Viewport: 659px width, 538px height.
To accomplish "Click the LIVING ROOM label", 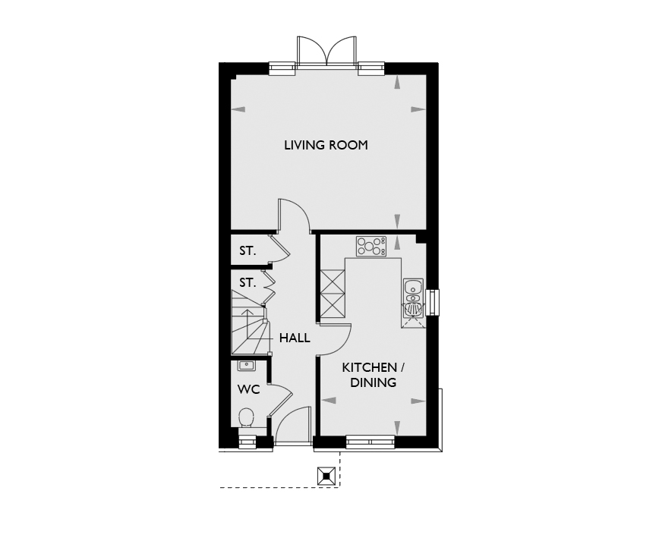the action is pos(326,145).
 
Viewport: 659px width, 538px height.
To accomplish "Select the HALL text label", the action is pos(295,338).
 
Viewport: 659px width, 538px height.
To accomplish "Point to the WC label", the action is pos(249,390).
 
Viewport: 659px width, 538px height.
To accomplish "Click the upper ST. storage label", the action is pos(248,251).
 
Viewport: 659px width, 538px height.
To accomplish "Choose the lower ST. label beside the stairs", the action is pos(248,282).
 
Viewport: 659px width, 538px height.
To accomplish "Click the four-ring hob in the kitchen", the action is pos(371,247).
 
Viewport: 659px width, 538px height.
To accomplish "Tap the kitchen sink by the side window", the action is pos(413,297).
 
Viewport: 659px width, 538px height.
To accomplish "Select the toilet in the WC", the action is pos(247,418).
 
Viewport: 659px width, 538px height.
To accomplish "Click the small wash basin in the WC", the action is pos(246,366).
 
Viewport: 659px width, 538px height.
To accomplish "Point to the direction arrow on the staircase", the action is pos(247,323).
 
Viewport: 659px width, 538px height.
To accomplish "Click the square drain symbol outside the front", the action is pos(326,477).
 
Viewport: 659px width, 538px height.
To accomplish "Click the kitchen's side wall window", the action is pos(432,303).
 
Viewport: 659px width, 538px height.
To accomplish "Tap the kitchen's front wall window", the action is pos(370,442).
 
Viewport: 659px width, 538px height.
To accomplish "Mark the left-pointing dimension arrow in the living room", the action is pos(238,109).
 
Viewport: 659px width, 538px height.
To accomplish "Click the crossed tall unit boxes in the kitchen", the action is pos(333,294).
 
